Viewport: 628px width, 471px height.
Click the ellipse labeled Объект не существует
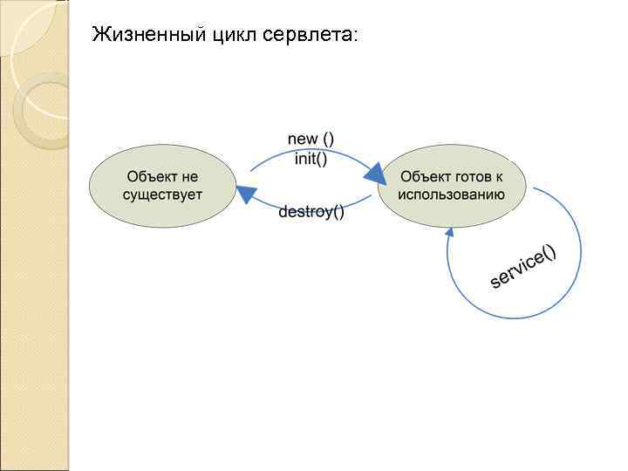click(162, 186)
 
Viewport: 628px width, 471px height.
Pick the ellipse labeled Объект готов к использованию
click(452, 186)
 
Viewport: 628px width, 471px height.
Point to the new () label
click(311, 140)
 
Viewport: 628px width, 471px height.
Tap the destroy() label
click(311, 212)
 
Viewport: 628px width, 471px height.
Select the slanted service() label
click(523, 266)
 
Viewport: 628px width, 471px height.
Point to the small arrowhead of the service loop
click(450, 232)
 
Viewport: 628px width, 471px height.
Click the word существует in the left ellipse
click(162, 195)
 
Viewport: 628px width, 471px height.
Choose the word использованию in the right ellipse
click(452, 195)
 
